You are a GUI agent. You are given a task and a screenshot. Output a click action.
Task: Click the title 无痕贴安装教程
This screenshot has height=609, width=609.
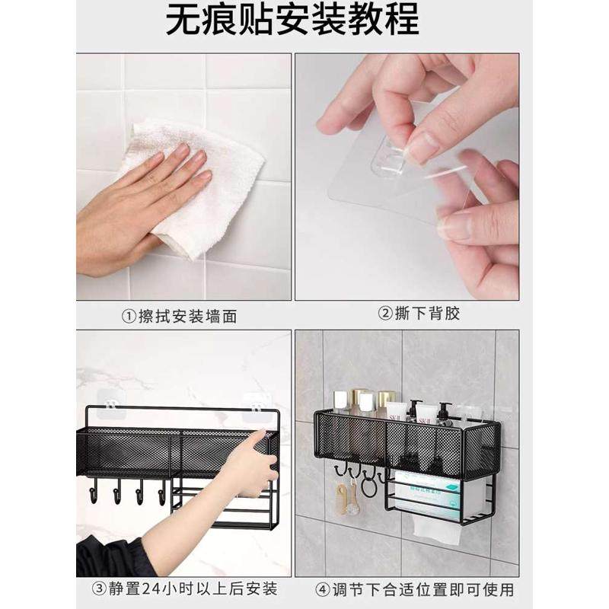click(x=292, y=20)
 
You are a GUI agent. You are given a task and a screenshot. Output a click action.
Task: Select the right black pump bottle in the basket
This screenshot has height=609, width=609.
click(x=444, y=415)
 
